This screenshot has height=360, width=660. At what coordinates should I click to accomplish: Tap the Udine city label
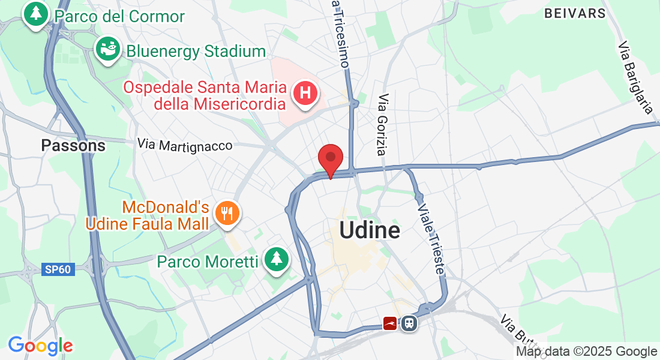pos(370,230)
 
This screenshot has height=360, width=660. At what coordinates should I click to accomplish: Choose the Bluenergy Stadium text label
pos(196,52)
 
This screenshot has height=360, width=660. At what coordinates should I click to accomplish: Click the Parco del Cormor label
pos(119,16)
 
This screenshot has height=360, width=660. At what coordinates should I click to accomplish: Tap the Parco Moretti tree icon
pos(275,259)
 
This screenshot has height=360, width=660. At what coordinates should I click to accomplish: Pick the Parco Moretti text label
pos(208,262)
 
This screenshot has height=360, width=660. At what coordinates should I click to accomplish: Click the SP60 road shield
pos(58,269)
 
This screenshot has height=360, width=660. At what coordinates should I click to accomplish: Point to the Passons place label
pos(73,145)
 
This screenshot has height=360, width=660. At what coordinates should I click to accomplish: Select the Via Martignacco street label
pos(184,145)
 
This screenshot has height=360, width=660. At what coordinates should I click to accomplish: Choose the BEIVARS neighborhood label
pos(575,13)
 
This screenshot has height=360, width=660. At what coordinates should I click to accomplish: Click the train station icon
pos(409,323)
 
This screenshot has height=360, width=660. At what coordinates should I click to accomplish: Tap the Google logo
pos(40,346)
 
